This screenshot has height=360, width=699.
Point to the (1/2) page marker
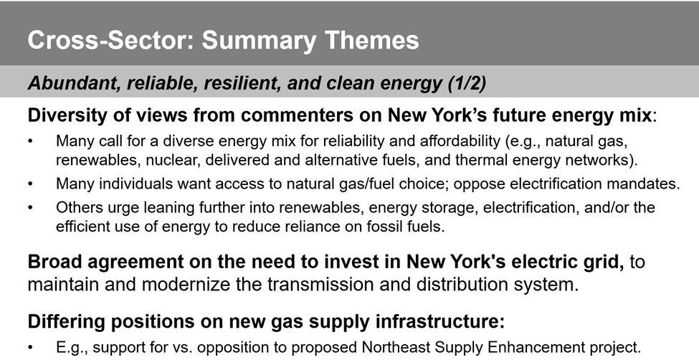coord(467,83)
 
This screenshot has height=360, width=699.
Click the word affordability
coord(460,141)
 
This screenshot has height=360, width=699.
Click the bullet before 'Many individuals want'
coord(30,184)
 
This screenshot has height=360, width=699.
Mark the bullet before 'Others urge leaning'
coord(30,208)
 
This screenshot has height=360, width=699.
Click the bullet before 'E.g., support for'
coord(30,347)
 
